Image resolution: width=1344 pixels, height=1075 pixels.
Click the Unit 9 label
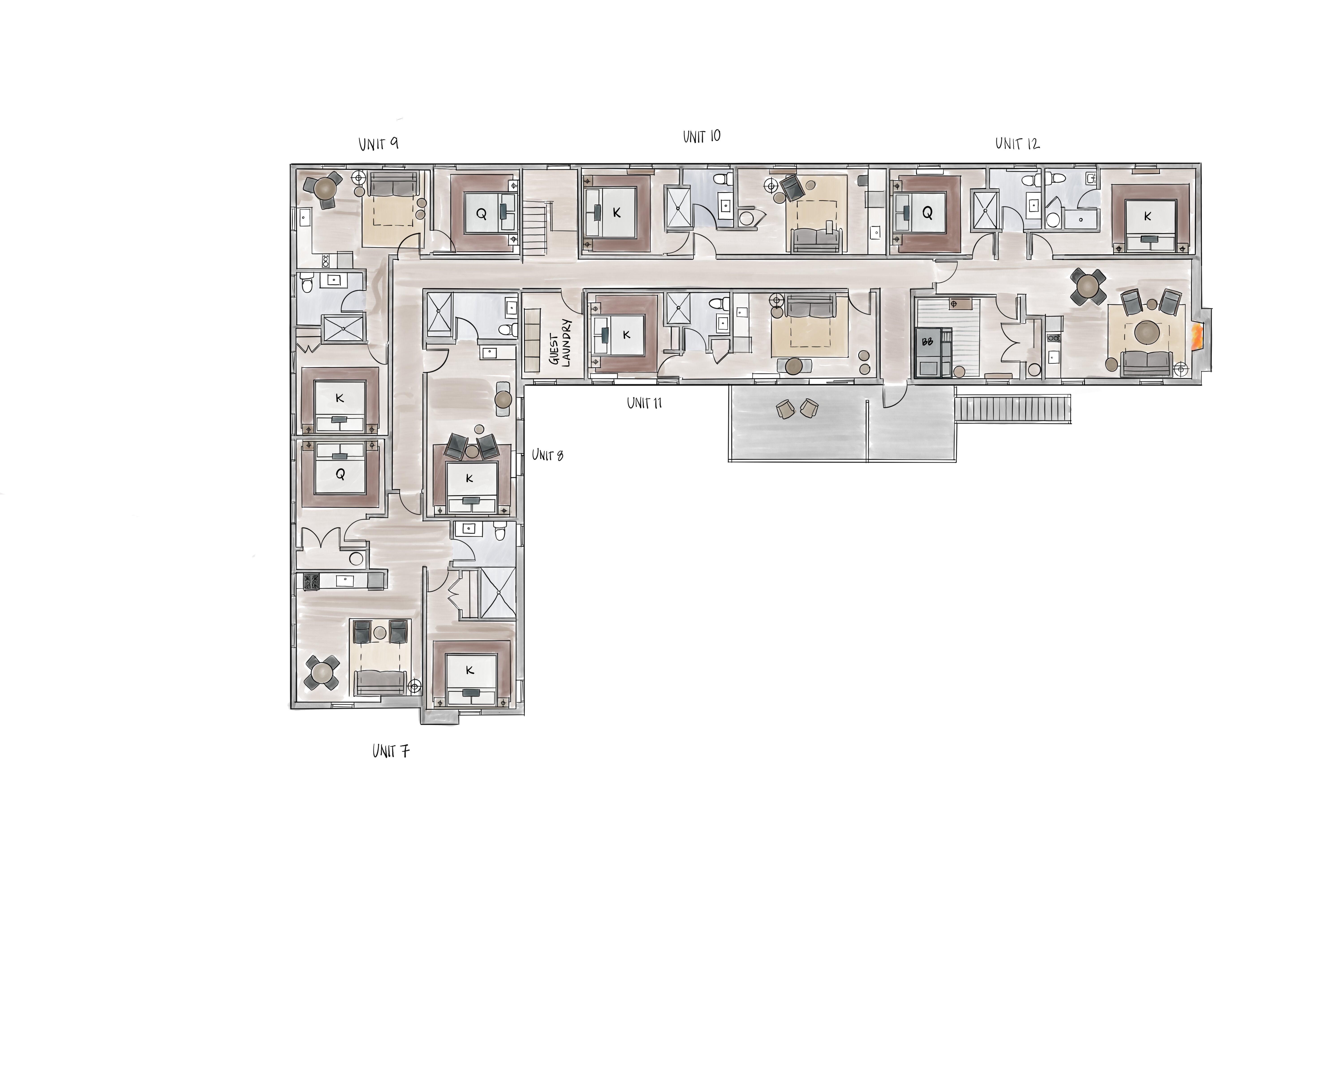click(x=378, y=144)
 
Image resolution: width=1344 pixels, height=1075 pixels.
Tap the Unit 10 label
click(x=702, y=136)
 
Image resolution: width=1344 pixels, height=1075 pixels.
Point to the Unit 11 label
click(x=645, y=403)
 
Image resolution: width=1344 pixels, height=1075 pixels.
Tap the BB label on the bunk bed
click(x=927, y=342)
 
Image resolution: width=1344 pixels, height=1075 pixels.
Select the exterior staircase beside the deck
click(x=1013, y=409)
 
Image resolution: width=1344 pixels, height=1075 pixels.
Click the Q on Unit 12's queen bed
click(x=927, y=213)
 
